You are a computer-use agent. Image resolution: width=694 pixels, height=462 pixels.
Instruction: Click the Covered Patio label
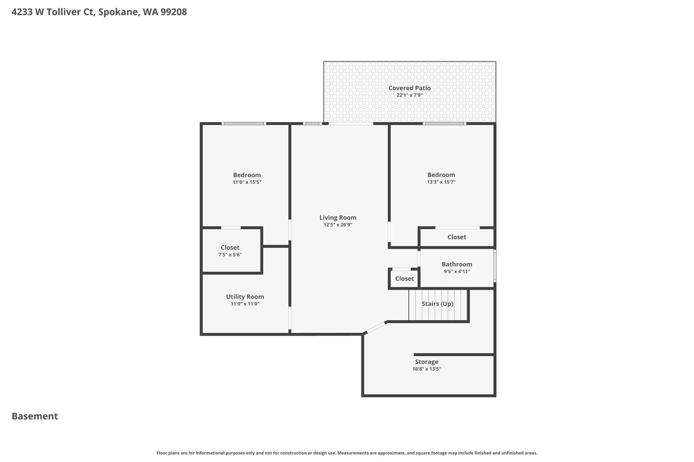tap(409, 88)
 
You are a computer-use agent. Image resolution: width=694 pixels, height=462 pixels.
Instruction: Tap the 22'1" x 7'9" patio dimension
tap(409, 95)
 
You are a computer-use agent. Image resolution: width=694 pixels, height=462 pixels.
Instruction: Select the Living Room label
tap(338, 218)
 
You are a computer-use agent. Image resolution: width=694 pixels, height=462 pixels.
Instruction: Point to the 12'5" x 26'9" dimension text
tap(338, 225)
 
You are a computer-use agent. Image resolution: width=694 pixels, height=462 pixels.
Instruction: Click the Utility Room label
tap(245, 297)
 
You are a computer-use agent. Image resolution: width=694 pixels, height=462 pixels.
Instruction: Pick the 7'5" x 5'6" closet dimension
tap(230, 255)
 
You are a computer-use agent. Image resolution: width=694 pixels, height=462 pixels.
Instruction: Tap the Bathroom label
tap(457, 264)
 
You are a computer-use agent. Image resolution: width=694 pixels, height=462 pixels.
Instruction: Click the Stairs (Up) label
tap(437, 304)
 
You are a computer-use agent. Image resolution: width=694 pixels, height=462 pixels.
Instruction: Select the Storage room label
tap(427, 362)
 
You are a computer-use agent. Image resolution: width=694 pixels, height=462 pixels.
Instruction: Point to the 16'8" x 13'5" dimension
tap(427, 369)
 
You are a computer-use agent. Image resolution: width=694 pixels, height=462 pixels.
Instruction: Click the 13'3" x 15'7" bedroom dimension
tap(441, 182)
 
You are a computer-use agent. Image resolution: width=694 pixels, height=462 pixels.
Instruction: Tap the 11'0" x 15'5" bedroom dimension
tap(247, 182)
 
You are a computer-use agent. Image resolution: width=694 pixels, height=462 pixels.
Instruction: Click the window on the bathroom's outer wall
tap(495, 266)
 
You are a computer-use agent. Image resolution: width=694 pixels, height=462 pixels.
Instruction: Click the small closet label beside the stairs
tap(405, 279)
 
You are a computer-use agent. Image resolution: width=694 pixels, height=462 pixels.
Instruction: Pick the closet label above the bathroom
tap(457, 237)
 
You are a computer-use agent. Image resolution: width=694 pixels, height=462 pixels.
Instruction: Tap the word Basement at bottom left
tap(35, 416)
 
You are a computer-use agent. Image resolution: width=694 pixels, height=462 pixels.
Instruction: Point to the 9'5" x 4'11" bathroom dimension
tap(457, 271)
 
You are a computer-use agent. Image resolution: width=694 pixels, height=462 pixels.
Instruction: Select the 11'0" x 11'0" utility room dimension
tap(245, 304)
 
